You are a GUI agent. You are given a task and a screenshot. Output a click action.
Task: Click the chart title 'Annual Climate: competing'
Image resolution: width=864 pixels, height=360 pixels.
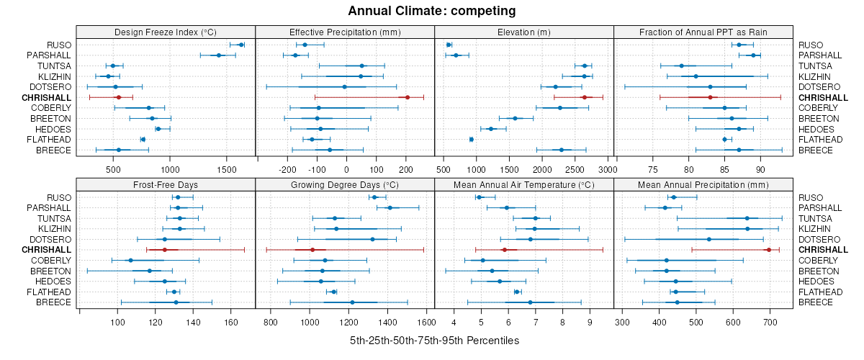coord(432,11)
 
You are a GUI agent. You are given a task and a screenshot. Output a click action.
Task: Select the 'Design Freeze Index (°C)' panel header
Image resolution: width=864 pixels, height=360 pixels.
coord(166,32)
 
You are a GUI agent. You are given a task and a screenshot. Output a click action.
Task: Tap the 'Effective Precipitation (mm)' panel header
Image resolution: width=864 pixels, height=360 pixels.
coord(345,32)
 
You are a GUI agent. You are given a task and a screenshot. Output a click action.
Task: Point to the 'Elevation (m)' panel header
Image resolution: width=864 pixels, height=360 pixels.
coord(523,32)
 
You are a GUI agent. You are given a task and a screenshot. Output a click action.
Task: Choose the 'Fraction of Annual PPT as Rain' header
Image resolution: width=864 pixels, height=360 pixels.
coord(703,32)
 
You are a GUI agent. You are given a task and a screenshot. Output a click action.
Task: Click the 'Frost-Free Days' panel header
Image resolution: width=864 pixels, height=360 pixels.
coord(166,185)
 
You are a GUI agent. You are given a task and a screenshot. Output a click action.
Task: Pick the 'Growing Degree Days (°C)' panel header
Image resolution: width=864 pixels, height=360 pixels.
coord(345,185)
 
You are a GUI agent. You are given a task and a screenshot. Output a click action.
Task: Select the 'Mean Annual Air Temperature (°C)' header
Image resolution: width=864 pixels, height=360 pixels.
coord(523,185)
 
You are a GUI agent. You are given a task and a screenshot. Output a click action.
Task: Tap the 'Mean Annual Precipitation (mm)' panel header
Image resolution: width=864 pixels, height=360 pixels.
coord(703,185)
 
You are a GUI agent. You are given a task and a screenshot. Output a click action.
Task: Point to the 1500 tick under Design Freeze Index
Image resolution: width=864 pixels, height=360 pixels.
coord(226,170)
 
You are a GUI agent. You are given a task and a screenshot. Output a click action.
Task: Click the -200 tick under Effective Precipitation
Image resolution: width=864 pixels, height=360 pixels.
coord(288,170)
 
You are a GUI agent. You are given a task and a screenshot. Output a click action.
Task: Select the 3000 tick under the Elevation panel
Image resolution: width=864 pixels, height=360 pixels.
coord(607,170)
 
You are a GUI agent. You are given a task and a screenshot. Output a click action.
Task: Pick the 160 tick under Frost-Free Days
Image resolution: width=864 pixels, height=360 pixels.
coord(231,323)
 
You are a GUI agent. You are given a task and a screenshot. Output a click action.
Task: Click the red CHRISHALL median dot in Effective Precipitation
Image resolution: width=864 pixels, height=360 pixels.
coord(408,97)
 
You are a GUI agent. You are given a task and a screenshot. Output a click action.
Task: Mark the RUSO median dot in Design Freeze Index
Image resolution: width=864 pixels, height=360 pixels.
coord(241,45)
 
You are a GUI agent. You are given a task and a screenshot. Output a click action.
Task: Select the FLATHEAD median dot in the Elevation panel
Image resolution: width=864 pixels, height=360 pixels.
coord(472,139)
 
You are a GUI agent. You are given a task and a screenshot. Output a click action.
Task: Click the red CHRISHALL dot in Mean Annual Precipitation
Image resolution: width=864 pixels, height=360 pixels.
coord(769,250)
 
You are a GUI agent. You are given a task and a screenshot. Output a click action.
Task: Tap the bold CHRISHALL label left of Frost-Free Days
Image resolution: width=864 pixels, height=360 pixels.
coord(47,250)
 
